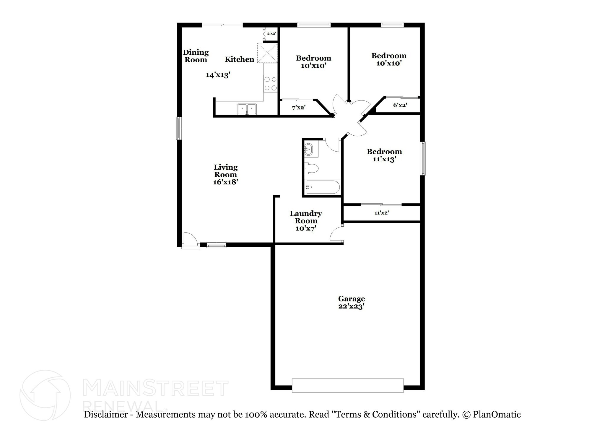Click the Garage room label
point(351,299)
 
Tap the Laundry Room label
point(306,217)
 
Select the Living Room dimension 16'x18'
point(225,182)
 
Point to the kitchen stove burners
point(271,83)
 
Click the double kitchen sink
point(247,109)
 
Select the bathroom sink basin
point(308,149)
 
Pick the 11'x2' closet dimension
point(382,213)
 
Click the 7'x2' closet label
point(298,108)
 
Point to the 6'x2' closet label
point(400,105)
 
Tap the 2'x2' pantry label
point(271,34)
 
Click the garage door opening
point(348,385)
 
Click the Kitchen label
point(240,59)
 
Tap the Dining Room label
point(196,56)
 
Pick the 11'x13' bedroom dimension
point(384,159)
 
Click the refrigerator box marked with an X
point(267,53)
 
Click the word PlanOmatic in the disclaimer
point(497,415)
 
